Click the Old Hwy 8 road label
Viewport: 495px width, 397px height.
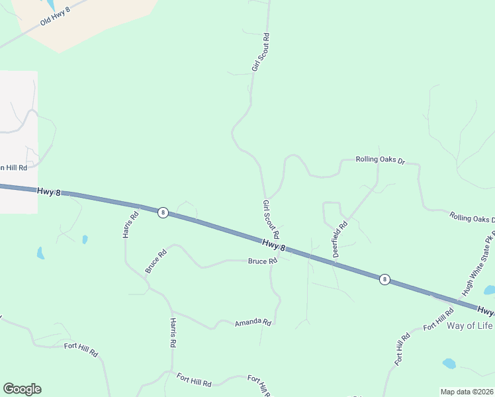tap(55, 13)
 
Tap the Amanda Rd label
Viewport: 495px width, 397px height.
tap(253, 323)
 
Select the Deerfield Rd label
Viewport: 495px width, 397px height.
tap(340, 239)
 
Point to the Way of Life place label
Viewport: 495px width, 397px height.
tap(471, 326)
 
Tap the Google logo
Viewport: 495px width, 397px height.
tap(22, 389)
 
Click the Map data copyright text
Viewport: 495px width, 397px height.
tap(467, 392)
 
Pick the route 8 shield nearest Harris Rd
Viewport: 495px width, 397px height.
tap(163, 212)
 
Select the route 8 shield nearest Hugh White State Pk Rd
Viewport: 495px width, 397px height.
tap(384, 279)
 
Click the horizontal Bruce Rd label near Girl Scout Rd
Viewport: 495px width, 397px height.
tap(262, 261)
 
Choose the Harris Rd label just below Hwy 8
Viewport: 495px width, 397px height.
tap(130, 224)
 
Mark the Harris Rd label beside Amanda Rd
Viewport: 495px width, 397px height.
tap(172, 333)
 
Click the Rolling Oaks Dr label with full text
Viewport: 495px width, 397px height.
tap(380, 159)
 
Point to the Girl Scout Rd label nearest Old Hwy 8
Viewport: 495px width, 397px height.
tap(260, 52)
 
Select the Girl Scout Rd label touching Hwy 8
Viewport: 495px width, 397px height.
tap(271, 220)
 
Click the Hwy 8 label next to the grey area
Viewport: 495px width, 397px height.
tap(48, 191)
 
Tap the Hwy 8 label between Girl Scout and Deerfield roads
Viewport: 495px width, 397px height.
tap(273, 245)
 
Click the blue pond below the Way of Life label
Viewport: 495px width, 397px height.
tap(449, 363)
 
